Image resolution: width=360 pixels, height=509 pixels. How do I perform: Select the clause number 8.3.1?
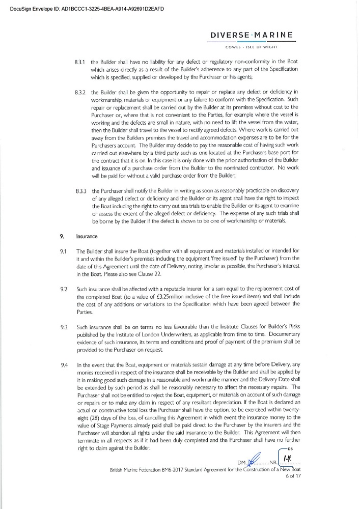(80, 62)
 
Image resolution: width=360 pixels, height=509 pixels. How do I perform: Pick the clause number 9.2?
(64, 289)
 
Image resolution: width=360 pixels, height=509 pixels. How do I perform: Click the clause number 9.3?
(64, 326)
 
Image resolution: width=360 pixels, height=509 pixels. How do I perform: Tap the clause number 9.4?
(64, 364)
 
